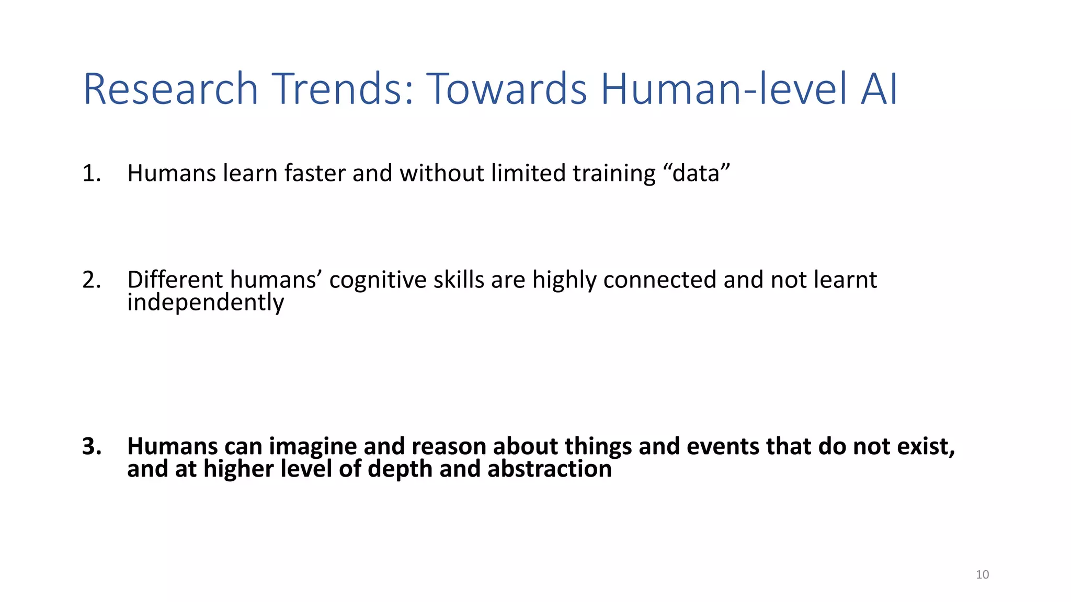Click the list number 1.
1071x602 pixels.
tap(91, 173)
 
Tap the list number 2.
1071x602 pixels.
tap(91, 280)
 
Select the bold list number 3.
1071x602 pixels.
tap(91, 446)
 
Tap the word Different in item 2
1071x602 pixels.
tap(175, 280)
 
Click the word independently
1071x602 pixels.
tap(206, 303)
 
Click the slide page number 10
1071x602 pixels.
tap(982, 575)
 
